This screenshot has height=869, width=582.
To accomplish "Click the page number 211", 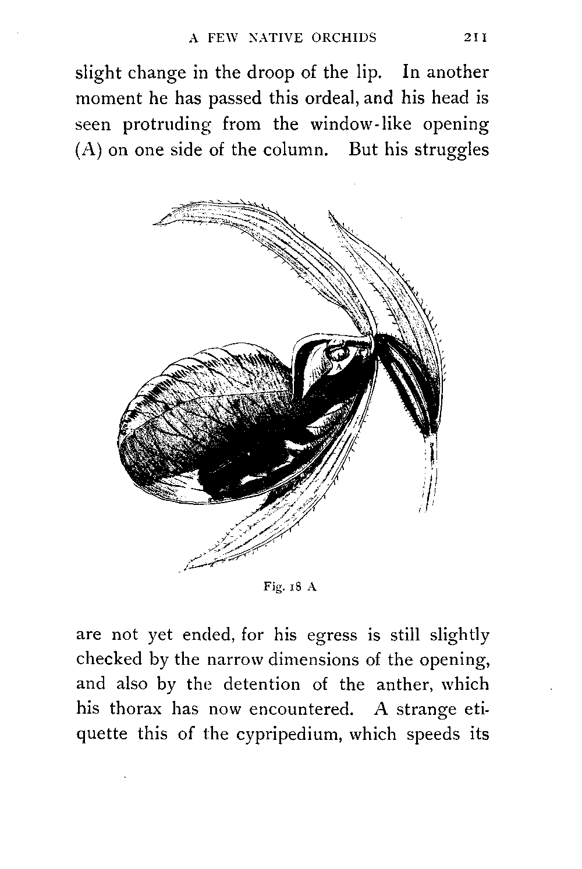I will coord(475,38).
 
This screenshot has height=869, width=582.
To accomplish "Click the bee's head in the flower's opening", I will coord(338,352).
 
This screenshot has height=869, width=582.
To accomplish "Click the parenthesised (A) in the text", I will coord(89,150).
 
